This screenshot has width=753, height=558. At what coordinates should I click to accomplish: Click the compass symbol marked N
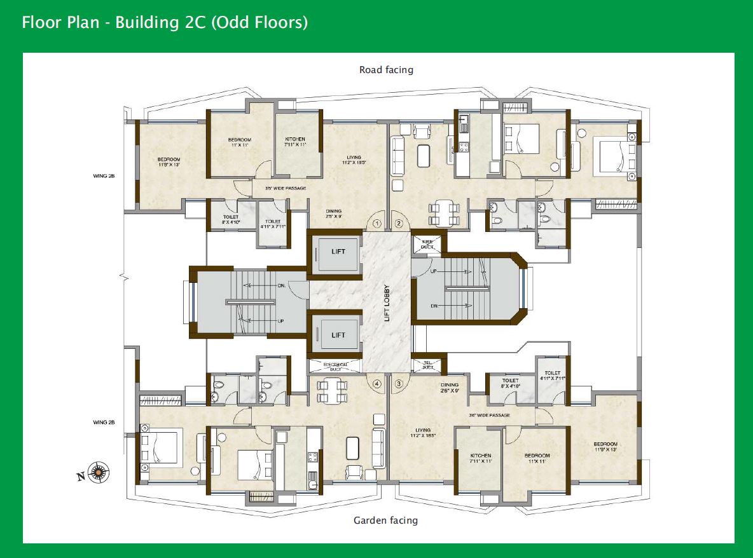[x=98, y=472]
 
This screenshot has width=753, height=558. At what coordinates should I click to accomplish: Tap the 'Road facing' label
[x=386, y=70]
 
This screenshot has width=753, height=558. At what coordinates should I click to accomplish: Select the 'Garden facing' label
[x=385, y=521]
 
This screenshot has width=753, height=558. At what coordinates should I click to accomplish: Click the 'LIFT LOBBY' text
[x=387, y=301]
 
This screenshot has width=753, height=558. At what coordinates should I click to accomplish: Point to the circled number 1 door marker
[x=377, y=223]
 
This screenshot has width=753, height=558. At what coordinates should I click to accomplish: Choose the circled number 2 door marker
[x=399, y=223]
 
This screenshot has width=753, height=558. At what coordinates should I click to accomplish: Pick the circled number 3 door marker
[x=399, y=383]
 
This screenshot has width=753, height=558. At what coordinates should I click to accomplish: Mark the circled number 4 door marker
[x=377, y=383]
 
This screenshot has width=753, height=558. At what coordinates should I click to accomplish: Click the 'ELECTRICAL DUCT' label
[x=335, y=366]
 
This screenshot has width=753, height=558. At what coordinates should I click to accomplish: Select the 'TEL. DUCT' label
[x=428, y=365]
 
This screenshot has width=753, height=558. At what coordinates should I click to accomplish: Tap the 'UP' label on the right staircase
[x=434, y=271]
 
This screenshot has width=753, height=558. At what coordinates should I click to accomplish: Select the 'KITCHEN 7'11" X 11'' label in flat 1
[x=295, y=142]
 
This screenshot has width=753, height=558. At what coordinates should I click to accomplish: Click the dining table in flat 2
[x=443, y=212]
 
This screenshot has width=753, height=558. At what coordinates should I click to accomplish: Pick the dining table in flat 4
[x=332, y=390]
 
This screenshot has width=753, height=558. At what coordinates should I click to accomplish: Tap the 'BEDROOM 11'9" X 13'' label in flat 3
[x=605, y=446]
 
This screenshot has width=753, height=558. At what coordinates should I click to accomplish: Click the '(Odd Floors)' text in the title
[x=261, y=22]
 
